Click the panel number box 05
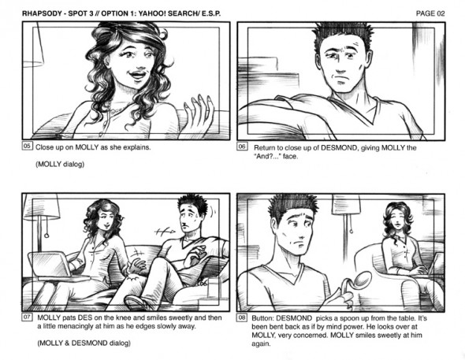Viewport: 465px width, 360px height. [x=27, y=146]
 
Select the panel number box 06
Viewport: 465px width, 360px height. [x=242, y=147]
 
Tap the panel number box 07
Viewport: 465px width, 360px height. [x=27, y=317]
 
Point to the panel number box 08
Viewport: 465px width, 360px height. [x=242, y=317]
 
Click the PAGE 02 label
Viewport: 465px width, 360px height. [x=430, y=13]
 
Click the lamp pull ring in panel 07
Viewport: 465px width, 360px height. [x=46, y=236]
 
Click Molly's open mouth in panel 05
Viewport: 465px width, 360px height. [x=138, y=74]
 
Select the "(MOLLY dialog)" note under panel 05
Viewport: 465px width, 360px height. [x=60, y=164]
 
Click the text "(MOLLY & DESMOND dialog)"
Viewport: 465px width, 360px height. [x=84, y=343]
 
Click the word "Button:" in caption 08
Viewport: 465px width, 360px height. [x=262, y=318]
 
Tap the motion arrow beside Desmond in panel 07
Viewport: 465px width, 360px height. [x=165, y=231]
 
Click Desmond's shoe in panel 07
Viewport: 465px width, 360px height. [x=136, y=302]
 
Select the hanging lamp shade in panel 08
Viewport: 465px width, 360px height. [x=346, y=205]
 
